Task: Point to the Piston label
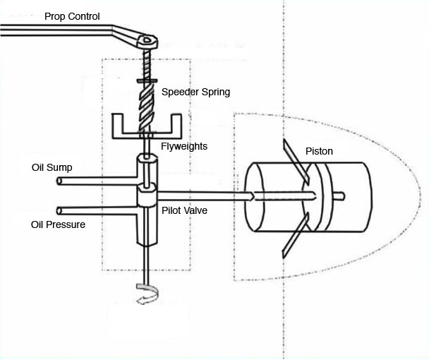[319, 152]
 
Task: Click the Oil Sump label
[52, 168]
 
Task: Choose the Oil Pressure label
[58, 224]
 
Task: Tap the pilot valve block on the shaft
[147, 196]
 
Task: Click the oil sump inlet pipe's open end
[59, 181]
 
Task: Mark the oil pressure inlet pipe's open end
[59, 210]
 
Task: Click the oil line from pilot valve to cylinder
[205, 193]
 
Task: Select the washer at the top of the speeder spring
[148, 81]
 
